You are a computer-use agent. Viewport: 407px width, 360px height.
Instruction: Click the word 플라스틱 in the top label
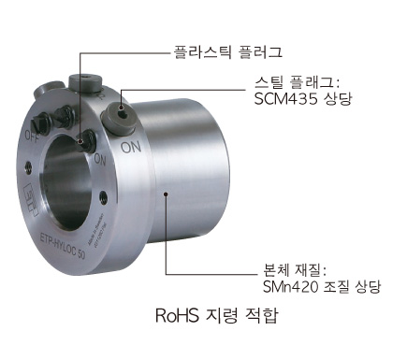click(x=202, y=51)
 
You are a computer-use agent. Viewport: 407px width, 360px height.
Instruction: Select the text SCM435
click(x=285, y=99)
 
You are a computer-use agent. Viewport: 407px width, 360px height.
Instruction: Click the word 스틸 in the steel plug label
click(x=269, y=83)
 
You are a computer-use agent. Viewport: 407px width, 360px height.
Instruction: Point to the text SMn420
click(x=290, y=287)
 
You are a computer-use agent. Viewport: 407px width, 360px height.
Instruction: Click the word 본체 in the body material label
click(x=277, y=270)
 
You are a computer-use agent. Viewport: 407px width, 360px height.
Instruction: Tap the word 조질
click(x=336, y=287)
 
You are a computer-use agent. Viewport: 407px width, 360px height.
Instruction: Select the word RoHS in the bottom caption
click(x=177, y=315)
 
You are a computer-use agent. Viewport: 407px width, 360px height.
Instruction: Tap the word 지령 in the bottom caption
click(x=222, y=315)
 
